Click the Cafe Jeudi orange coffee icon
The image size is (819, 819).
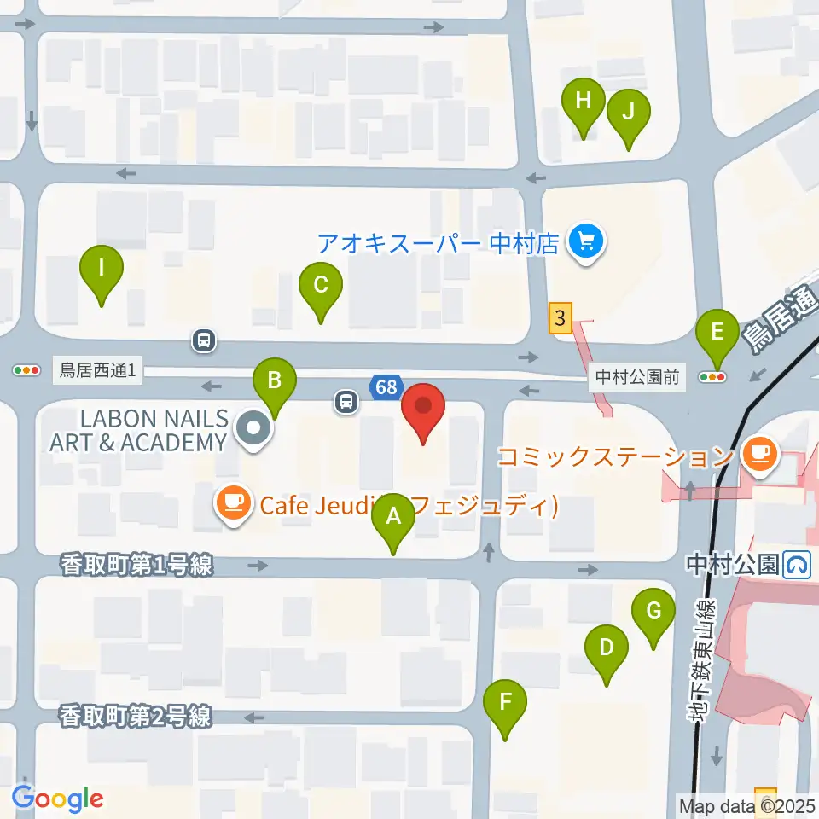(x=235, y=504)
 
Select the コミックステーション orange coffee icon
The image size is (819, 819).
(x=758, y=452)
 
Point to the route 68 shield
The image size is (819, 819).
(x=386, y=387)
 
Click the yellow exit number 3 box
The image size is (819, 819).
(x=560, y=319)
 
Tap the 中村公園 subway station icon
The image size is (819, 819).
(x=799, y=564)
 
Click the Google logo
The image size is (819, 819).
(x=58, y=799)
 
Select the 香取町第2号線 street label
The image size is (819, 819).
(x=136, y=717)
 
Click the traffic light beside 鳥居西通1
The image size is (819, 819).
(x=26, y=370)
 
